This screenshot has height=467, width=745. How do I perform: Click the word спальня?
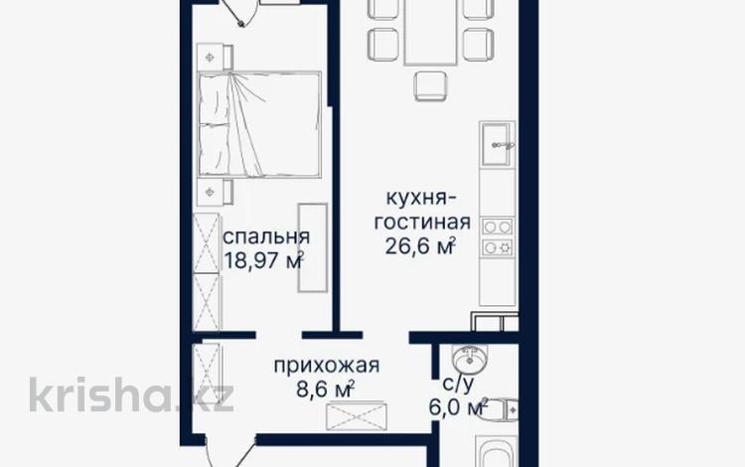pos(265,237)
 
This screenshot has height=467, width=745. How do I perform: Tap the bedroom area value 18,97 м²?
pos(263,261)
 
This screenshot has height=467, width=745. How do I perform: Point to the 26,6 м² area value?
pos(420,245)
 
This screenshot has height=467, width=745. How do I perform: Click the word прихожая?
pos(328,365)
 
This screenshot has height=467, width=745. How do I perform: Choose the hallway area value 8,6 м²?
pos(326,389)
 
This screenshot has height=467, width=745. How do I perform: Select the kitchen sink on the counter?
pos(496,146)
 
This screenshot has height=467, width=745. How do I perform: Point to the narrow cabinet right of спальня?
pos(312,247)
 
